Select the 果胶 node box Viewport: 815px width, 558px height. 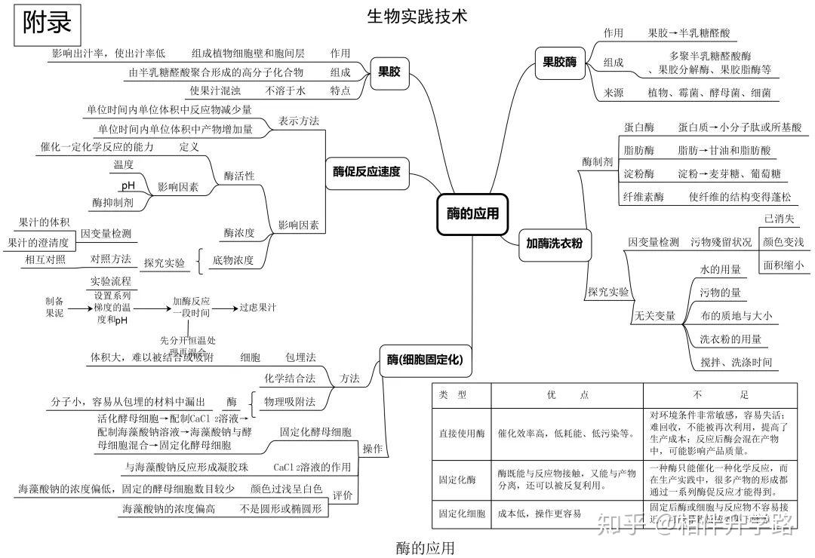389,73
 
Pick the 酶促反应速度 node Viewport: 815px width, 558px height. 367,171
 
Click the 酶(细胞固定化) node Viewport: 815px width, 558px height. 424,360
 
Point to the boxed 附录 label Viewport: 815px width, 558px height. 47,23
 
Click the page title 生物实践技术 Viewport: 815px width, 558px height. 417,15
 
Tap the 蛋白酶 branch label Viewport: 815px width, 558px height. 638,127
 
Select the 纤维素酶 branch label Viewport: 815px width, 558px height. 644,197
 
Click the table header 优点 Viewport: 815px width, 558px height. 567,394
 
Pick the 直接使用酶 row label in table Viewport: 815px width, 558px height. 462,434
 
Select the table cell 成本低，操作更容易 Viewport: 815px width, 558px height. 540,514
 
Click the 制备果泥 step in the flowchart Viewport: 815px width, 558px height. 54,306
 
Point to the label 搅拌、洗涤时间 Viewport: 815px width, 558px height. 736,362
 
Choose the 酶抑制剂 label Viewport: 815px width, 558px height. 112,202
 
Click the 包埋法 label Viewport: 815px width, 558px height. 300,356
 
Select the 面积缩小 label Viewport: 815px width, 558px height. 783,265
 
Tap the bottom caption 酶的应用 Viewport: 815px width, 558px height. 426,547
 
